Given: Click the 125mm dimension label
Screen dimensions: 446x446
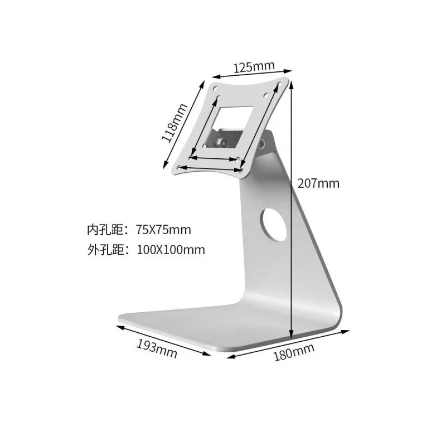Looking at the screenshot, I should point(254,67).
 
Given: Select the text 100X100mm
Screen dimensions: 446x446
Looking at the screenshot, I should point(171,250).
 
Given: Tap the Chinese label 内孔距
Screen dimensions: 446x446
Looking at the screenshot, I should point(103,230).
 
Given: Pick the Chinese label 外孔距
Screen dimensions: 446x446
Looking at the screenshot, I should point(103,250).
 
